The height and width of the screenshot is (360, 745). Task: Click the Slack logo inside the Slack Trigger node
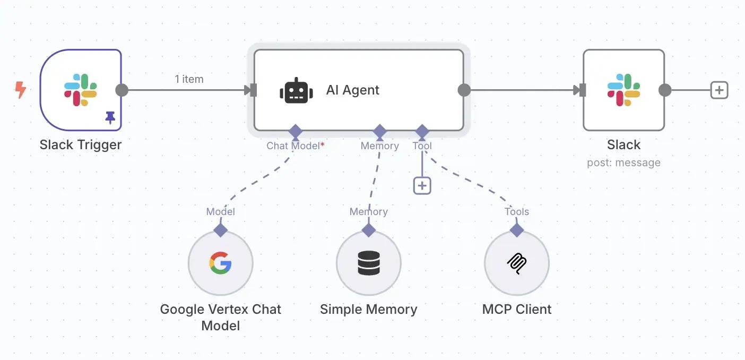pos(81,90)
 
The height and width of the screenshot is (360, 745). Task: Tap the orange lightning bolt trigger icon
pos(20,90)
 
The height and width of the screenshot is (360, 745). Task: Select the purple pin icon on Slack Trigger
pos(110,117)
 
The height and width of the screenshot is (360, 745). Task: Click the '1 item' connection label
pos(189,79)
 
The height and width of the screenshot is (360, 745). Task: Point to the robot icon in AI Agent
pos(296,90)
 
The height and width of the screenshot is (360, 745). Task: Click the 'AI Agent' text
pos(352,90)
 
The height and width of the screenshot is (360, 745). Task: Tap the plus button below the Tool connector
pos(422,186)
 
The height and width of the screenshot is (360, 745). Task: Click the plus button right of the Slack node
pos(719,90)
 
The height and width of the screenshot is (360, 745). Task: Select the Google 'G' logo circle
pos(220,263)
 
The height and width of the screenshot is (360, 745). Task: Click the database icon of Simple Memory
pos(369,263)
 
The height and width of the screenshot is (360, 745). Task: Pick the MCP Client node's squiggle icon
pos(517,263)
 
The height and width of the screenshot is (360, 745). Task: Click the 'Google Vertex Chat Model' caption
pos(220,317)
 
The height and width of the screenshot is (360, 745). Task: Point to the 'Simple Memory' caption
pos(369,309)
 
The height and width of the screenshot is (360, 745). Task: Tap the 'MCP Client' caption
pos(517,309)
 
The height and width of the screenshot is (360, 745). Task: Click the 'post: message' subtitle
pos(623,162)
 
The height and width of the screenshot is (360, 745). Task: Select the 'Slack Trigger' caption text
pos(81,144)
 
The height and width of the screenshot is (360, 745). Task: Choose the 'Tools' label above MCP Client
pos(517,211)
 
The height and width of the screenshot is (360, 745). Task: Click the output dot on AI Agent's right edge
pos(464,90)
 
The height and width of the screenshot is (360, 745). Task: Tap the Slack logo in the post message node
pos(623,90)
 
